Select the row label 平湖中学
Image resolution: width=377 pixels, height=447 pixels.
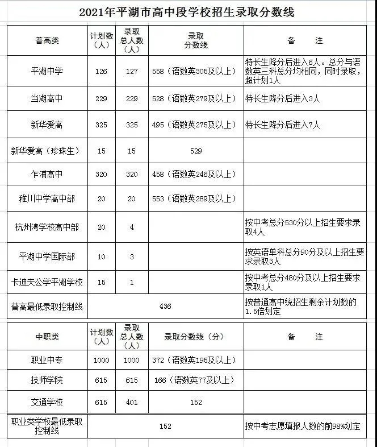point(47,71)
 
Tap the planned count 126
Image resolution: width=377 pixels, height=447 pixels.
point(102,71)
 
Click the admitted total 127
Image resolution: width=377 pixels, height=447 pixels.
point(132,71)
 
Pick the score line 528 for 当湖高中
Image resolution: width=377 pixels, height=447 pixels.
point(194,99)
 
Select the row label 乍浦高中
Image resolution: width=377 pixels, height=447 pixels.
point(47,174)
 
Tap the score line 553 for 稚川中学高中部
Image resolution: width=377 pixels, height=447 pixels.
point(194,198)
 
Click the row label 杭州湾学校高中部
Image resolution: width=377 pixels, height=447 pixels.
point(47,227)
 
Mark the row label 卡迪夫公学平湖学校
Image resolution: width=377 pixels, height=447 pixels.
point(47,282)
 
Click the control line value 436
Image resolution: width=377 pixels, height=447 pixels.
point(165,307)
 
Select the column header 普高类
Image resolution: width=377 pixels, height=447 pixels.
point(47,40)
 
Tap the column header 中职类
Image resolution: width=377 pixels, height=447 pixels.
point(47,337)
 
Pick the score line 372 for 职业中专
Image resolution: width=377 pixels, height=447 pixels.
point(194,360)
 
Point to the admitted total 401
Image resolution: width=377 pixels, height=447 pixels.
point(132,402)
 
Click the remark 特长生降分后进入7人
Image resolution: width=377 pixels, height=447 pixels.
point(283,125)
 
